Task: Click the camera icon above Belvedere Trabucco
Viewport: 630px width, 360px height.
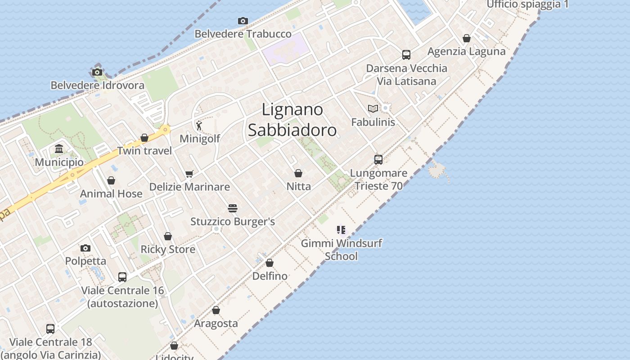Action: (243, 21)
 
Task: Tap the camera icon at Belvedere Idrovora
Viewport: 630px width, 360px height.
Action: (97, 72)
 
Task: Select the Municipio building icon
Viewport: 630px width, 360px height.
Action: (59, 149)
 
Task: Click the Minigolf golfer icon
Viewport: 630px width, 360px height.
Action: (199, 126)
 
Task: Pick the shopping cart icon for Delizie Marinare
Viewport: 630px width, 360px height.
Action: (189, 174)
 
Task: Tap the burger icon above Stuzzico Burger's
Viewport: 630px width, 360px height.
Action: (233, 208)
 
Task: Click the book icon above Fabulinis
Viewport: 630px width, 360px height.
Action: (373, 108)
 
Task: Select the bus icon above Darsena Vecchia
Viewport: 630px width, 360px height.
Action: (406, 55)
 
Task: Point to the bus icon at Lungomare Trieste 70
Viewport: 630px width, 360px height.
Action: (378, 160)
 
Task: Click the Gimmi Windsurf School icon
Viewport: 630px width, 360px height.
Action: (341, 230)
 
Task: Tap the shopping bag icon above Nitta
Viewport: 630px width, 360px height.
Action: (298, 173)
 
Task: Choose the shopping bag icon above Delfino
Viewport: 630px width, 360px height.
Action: (270, 263)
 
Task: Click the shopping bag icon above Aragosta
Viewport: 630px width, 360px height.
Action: (216, 310)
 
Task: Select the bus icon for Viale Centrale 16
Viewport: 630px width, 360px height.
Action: (122, 277)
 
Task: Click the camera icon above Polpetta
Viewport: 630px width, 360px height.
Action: (85, 248)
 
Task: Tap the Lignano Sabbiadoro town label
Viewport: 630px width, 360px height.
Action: (292, 120)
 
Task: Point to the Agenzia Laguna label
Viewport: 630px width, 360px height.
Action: (467, 51)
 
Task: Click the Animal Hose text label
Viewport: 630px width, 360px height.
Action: (111, 193)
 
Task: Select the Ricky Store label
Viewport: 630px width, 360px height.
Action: (168, 249)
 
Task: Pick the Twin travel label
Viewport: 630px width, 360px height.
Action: (144, 151)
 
